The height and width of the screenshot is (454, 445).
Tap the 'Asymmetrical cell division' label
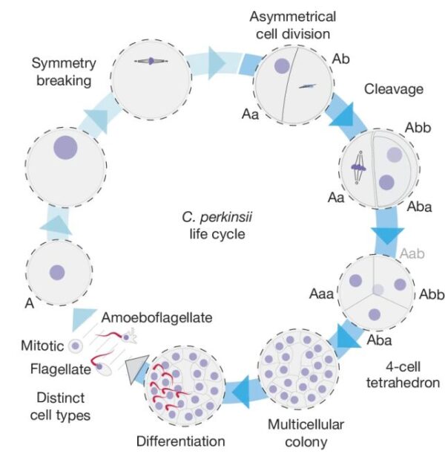[x=292, y=26]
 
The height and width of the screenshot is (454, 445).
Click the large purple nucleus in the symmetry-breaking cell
[x=64, y=146]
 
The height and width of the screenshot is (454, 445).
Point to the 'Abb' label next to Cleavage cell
[x=416, y=127]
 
